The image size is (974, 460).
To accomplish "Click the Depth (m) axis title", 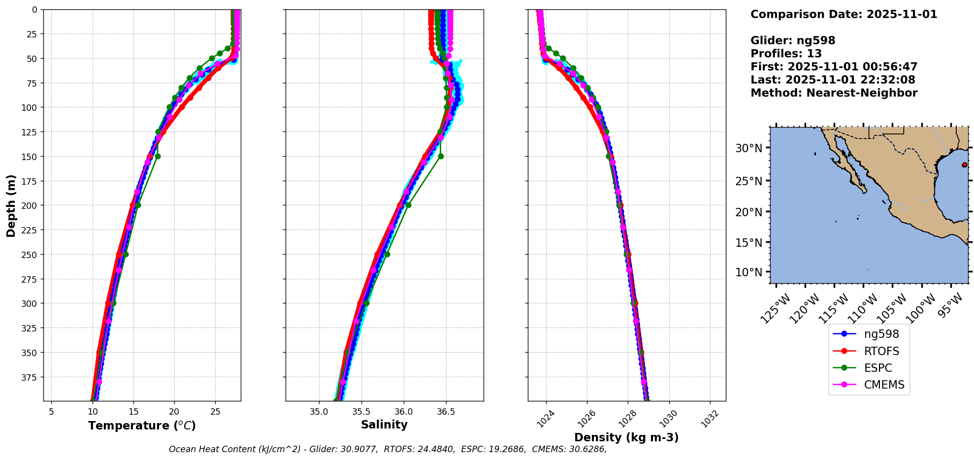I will (x=11, y=205).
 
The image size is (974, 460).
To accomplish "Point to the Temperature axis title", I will (x=142, y=426).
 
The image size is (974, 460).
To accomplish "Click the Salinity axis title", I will (x=384, y=425).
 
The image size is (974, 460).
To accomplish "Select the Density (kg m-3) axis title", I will (x=626, y=437).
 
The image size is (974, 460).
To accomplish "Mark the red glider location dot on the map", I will (x=964, y=164).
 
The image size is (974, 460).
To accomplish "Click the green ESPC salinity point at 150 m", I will (x=441, y=156).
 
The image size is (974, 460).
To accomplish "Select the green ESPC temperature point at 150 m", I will (x=158, y=156).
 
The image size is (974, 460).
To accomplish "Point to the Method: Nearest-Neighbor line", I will (x=834, y=93).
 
